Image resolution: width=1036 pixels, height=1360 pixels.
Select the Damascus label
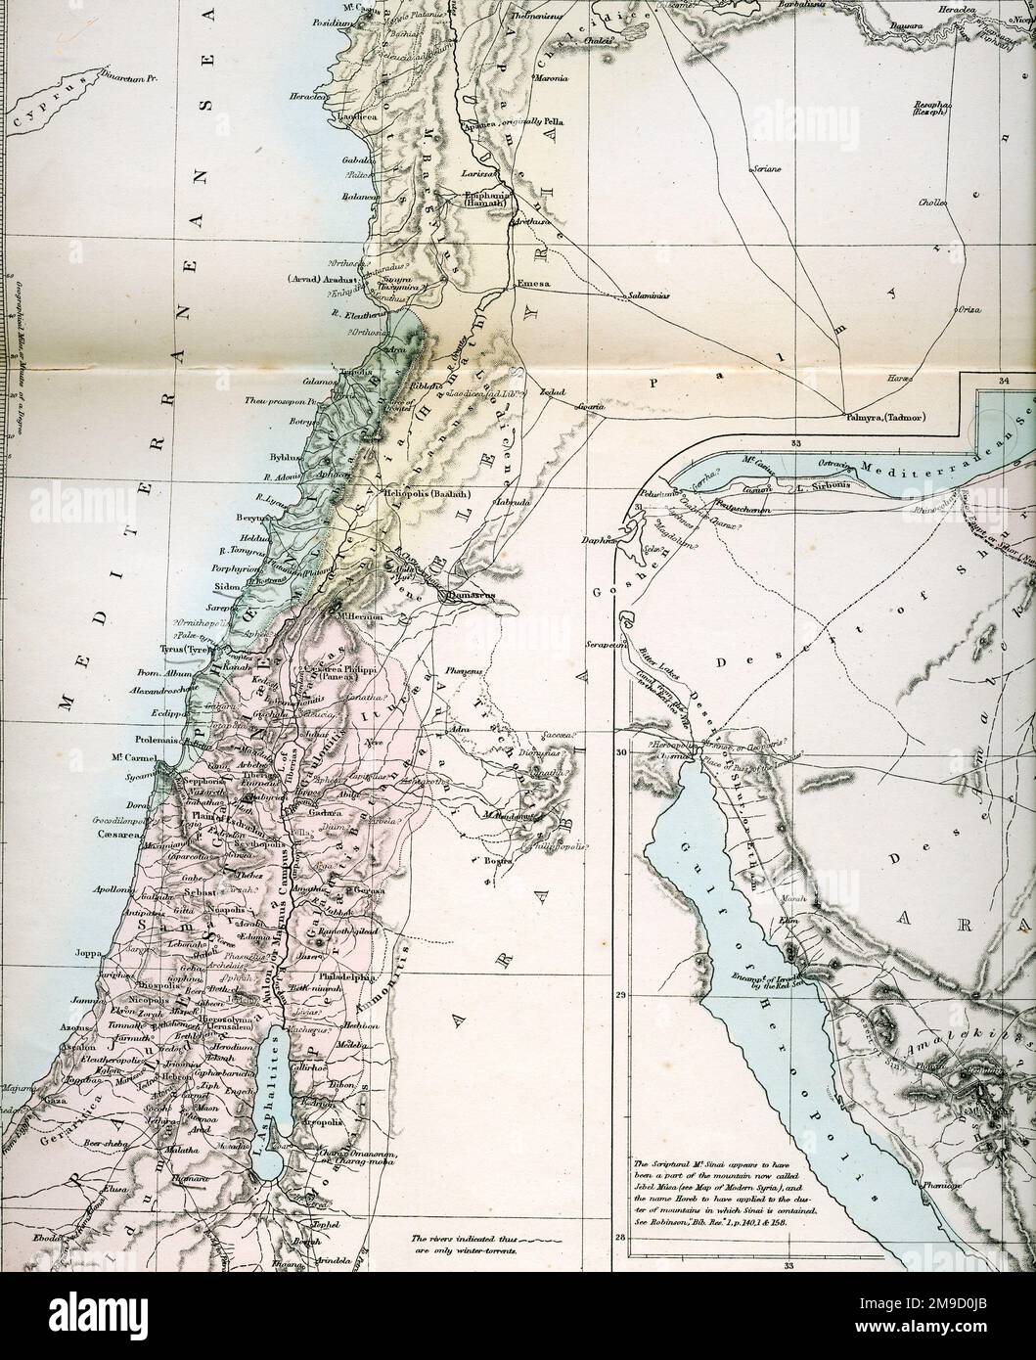[468, 594]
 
